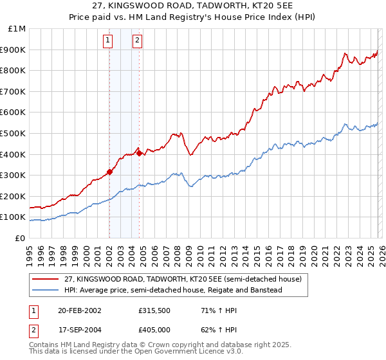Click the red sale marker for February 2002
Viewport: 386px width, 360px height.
109,172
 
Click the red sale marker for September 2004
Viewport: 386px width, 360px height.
139,154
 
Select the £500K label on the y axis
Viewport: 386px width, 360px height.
14,133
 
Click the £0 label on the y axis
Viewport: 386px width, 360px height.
20,238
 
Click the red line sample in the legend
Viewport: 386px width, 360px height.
46,278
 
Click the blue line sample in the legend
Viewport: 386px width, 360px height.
46,290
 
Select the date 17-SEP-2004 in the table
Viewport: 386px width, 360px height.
80,329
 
